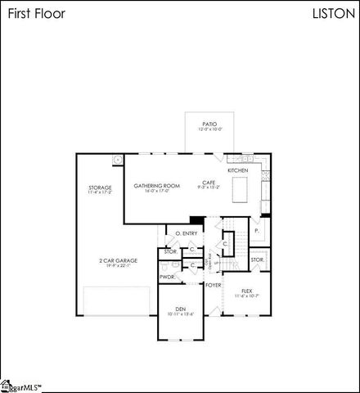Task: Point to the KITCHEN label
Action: (x=238, y=169)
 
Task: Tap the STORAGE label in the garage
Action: (x=100, y=187)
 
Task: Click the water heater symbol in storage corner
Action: (x=116, y=160)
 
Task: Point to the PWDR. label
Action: (x=168, y=277)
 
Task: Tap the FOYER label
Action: (x=214, y=285)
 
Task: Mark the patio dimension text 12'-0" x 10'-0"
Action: (x=209, y=129)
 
